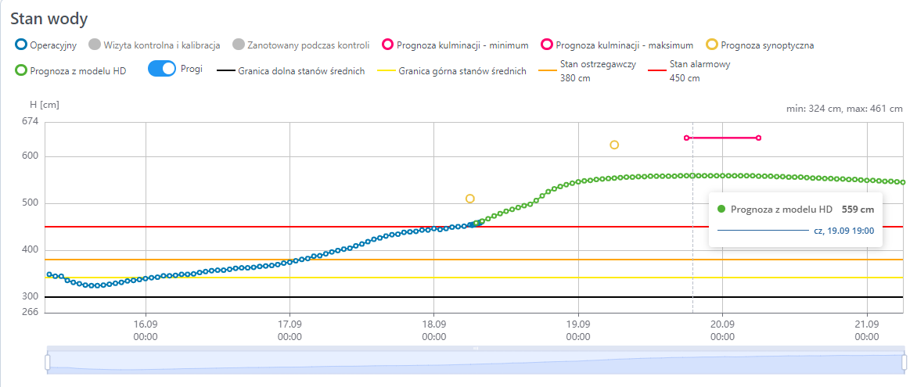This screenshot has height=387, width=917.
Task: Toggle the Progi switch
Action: point(162,69)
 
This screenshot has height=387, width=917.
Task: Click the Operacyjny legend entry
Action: point(45,45)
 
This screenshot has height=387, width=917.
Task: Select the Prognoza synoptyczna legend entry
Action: point(759,45)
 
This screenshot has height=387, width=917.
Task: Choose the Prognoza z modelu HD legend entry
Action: point(70,70)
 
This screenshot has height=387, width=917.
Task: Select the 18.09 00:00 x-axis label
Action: point(434,331)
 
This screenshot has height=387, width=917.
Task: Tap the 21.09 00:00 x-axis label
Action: point(866,331)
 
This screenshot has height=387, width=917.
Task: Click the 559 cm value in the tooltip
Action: point(858,210)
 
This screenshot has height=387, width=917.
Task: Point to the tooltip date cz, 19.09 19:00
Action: point(843,231)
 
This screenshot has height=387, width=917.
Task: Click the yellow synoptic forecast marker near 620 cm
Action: point(614,145)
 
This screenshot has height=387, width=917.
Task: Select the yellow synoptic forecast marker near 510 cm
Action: point(469,199)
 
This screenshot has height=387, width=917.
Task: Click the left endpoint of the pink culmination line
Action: point(686,138)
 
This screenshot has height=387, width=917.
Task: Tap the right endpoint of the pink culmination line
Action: point(759,138)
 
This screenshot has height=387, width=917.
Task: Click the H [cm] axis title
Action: point(44,105)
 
